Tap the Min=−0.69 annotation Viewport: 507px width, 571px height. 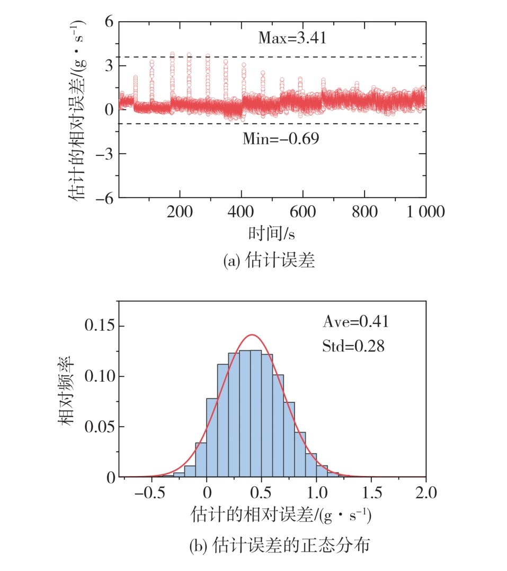tap(281, 139)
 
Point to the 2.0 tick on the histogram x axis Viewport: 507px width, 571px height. tap(425, 493)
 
